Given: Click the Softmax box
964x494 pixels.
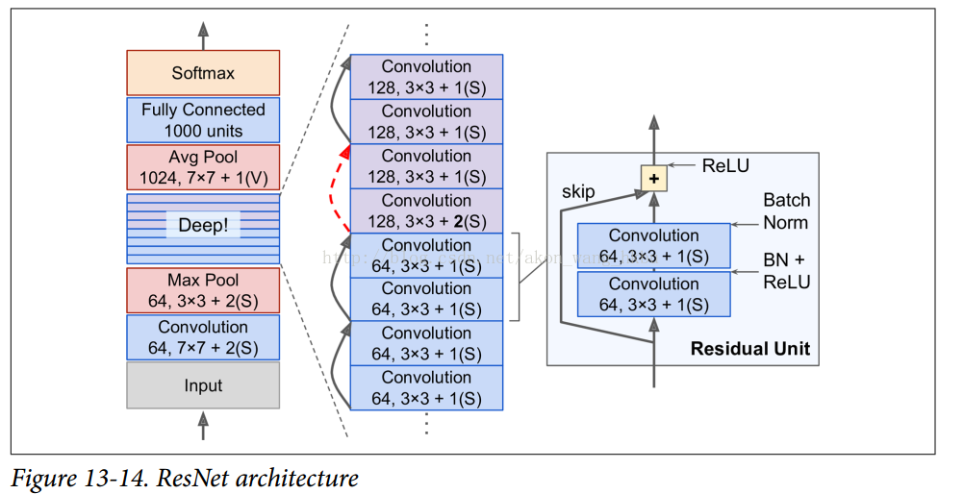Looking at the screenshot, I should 203,73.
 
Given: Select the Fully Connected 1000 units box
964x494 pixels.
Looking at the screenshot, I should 203,120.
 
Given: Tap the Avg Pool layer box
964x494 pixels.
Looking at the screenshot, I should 203,167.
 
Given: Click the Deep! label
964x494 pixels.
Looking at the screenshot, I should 203,225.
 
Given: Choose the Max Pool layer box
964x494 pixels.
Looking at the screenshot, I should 203,290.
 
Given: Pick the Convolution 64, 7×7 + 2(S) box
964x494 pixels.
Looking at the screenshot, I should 203,337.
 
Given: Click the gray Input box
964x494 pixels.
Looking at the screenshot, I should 203,385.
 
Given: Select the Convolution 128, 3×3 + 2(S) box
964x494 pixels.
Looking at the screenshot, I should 426,210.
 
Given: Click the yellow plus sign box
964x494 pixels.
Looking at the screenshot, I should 654,178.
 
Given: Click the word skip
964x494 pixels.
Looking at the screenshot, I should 578,191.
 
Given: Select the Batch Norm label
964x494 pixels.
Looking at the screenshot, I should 786,211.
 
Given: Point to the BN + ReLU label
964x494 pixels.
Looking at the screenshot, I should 787,272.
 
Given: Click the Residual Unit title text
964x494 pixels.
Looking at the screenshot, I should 749,349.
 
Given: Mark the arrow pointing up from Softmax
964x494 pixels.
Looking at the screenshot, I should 203,37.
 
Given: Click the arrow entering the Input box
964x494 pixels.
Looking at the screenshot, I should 203,424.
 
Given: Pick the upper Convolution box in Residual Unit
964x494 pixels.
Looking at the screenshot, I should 654,245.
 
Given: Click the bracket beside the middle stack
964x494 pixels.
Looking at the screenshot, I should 517,277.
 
